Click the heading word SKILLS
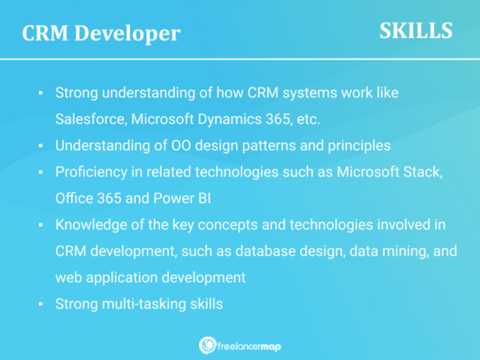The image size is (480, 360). point(415,31)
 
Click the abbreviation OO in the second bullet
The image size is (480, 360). point(164,146)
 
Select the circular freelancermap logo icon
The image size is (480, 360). point(208,345)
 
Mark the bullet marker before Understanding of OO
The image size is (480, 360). point(41,146)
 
